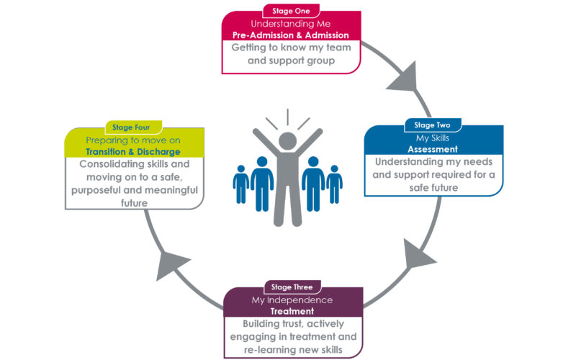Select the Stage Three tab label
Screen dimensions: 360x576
click(x=292, y=287)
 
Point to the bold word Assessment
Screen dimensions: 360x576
click(x=432, y=149)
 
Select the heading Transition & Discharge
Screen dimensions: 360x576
click(x=132, y=152)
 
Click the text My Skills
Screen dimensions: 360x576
click(x=432, y=137)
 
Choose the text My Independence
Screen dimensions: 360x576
click(x=292, y=300)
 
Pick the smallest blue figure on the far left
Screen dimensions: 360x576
click(x=240, y=184)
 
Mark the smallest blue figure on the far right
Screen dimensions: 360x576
click(x=334, y=184)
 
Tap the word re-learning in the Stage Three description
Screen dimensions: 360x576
click(x=263, y=351)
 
